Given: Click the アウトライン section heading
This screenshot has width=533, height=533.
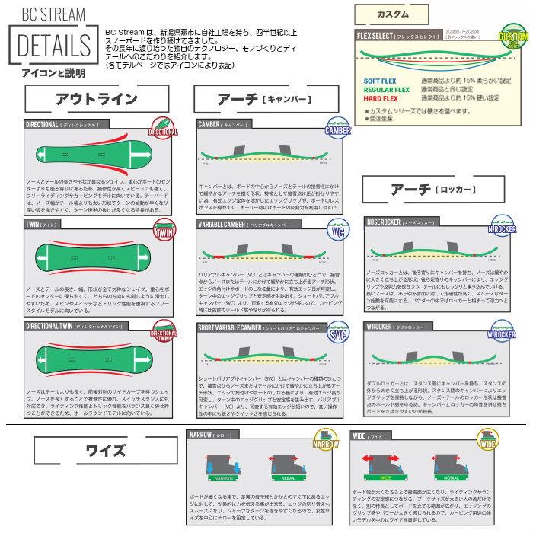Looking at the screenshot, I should point(97,98).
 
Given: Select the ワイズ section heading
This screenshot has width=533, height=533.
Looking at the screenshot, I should point(107,449).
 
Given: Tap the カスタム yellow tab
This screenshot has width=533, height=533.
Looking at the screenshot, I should point(393,14).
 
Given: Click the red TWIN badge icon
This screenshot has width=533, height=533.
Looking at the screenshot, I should point(164,231).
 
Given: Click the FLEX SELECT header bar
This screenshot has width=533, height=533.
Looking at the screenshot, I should point(404,36).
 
